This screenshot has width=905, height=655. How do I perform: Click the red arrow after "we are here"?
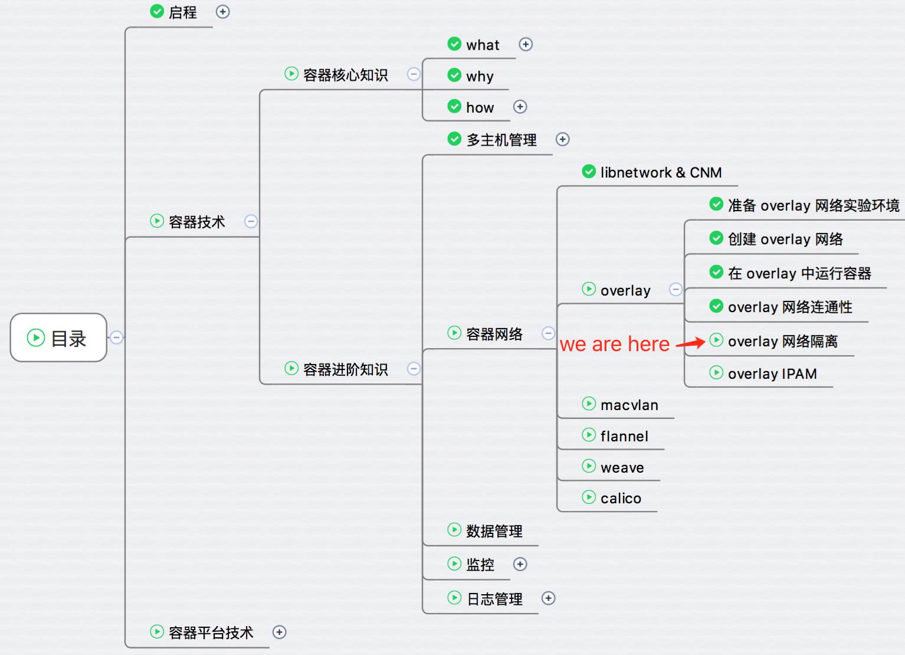pyautogui.click(x=690, y=343)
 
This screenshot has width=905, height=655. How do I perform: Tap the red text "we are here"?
pyautogui.click(x=615, y=344)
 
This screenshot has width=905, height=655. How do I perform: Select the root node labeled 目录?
pyautogui.click(x=58, y=338)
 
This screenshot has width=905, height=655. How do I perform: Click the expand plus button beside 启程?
pyautogui.click(x=222, y=12)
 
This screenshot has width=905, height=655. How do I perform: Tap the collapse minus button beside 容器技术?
pyautogui.click(x=251, y=221)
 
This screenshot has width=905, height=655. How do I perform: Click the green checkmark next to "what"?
pyautogui.click(x=454, y=44)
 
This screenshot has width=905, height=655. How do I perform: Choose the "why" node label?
pyautogui.click(x=480, y=76)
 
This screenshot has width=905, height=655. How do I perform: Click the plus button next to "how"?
pyautogui.click(x=520, y=107)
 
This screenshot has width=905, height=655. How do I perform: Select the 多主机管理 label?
pyautogui.click(x=501, y=140)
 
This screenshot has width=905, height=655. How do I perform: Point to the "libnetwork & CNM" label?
pyautogui.click(x=661, y=172)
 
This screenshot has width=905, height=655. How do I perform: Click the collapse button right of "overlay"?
pyautogui.click(x=676, y=289)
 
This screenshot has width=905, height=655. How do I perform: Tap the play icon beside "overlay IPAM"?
pyautogui.click(x=716, y=372)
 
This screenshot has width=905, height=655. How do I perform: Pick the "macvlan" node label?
pyautogui.click(x=629, y=405)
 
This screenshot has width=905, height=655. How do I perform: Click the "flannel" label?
pyautogui.click(x=624, y=436)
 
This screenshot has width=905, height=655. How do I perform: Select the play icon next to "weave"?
pyautogui.click(x=589, y=466)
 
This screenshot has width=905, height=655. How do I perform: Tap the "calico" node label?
pyautogui.click(x=621, y=498)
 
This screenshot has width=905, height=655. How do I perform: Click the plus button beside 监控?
pyautogui.click(x=520, y=564)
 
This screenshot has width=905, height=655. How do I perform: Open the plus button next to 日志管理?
pyautogui.click(x=548, y=598)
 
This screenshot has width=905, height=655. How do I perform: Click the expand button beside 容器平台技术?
pyautogui.click(x=279, y=632)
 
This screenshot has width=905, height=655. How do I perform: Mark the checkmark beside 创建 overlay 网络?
pyautogui.click(x=716, y=238)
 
